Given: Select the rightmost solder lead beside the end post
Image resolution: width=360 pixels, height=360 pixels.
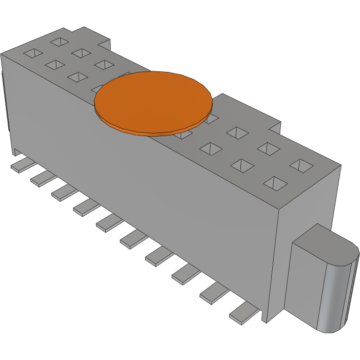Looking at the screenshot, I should (244, 313).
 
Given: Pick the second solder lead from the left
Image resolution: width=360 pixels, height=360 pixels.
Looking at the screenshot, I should (43, 178).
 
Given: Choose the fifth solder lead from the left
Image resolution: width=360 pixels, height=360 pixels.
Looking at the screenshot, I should (108, 222).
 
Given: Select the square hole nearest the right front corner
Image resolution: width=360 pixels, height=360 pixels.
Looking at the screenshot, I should (276, 182).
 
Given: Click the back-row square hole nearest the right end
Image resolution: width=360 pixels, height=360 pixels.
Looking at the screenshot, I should (301, 165).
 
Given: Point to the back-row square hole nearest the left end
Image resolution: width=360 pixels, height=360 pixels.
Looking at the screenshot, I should (59, 41).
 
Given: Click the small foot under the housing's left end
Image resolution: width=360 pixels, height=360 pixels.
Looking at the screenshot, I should (17, 151).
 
